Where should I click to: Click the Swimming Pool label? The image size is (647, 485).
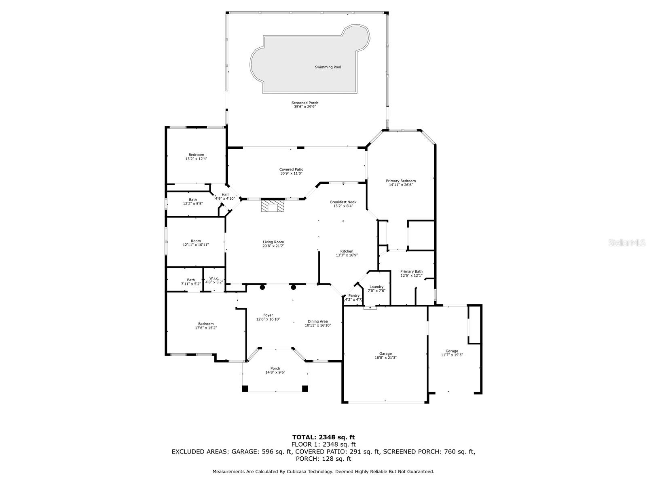(x=328, y=67)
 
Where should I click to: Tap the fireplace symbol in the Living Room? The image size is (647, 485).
(x=273, y=206)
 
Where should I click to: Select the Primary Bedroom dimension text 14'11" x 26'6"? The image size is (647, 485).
(x=401, y=185)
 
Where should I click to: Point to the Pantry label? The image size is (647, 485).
(x=354, y=295)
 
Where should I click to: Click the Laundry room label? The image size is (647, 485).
(x=376, y=287)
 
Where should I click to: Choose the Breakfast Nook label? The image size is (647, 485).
(x=343, y=202)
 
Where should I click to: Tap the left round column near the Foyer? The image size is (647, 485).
(x=262, y=287)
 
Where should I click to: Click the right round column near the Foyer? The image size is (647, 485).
(x=293, y=287)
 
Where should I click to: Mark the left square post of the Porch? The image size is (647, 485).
(x=245, y=389)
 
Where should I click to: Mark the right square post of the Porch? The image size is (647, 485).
(x=305, y=389)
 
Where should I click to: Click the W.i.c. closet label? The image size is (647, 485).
(x=214, y=278)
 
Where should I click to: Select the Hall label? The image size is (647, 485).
(x=225, y=195)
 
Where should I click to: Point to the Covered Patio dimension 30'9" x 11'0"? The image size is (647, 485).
(x=291, y=173)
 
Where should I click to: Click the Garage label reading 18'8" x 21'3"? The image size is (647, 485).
(x=385, y=355)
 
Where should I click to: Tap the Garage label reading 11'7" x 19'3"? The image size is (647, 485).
(x=452, y=353)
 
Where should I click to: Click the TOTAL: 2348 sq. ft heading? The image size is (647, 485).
(x=323, y=437)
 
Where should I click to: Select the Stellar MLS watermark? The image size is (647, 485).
(x=627, y=242)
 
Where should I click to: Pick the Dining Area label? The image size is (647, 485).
(x=317, y=322)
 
